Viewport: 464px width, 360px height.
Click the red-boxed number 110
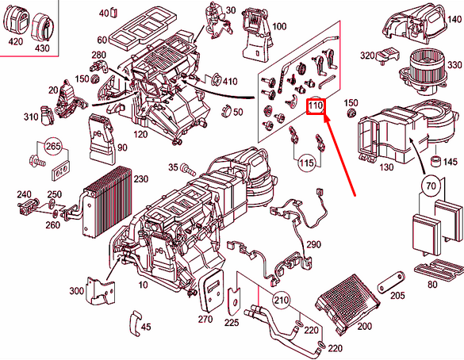316,105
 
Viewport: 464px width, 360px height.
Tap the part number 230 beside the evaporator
140,179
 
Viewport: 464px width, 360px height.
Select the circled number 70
431,186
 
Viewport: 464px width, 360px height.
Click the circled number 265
53,146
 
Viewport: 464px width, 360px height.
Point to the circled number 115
306,163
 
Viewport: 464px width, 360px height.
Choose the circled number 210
281,301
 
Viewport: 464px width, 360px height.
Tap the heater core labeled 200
347,304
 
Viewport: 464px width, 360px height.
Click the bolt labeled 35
188,170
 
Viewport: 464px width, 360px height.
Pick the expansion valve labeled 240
27,206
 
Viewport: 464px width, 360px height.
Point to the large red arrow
339,155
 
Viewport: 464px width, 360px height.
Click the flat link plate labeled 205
390,282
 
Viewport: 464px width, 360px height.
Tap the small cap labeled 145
435,161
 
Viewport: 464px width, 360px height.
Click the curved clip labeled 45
136,323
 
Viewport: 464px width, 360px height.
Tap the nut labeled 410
216,79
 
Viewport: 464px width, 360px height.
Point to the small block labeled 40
114,13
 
